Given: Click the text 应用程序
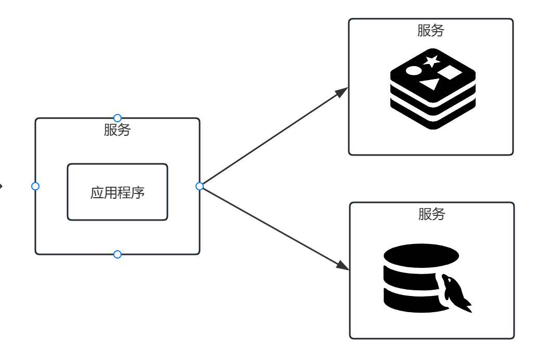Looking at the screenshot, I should pos(117,192).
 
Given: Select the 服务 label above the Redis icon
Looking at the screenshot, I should pos(430,31).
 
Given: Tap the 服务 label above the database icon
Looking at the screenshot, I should pos(431,214).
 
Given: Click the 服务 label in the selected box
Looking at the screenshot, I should pos(117,130).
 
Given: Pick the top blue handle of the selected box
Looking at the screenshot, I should pos(117,118).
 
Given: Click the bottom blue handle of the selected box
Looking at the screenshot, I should pos(117,254).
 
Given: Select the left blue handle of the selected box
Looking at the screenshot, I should pos(35,186).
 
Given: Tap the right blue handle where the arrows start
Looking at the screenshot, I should pos(200,186).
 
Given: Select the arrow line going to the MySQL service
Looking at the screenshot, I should pos(270,226).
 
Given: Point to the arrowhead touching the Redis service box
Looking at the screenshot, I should pos(342,92).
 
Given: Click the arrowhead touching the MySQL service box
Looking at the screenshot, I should pos(343,265).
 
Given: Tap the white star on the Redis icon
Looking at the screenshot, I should pos(431,61).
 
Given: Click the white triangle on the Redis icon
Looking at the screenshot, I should pos(430,83).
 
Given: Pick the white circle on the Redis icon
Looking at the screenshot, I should pos(413,70).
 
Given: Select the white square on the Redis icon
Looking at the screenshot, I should pos(450,72).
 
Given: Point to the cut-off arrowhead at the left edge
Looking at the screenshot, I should pos(2,186).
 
